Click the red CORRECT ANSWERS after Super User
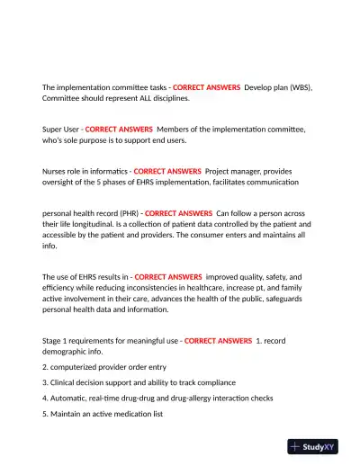point(119,129)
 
